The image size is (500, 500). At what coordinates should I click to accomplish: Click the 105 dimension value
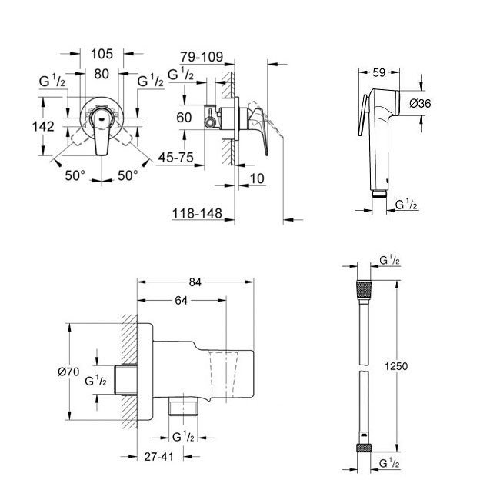coord(102,54)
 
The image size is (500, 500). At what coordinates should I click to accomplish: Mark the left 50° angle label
coord(75,175)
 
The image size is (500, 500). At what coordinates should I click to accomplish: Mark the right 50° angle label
coord(128,175)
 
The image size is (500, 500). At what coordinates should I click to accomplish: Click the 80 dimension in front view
coord(101,75)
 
